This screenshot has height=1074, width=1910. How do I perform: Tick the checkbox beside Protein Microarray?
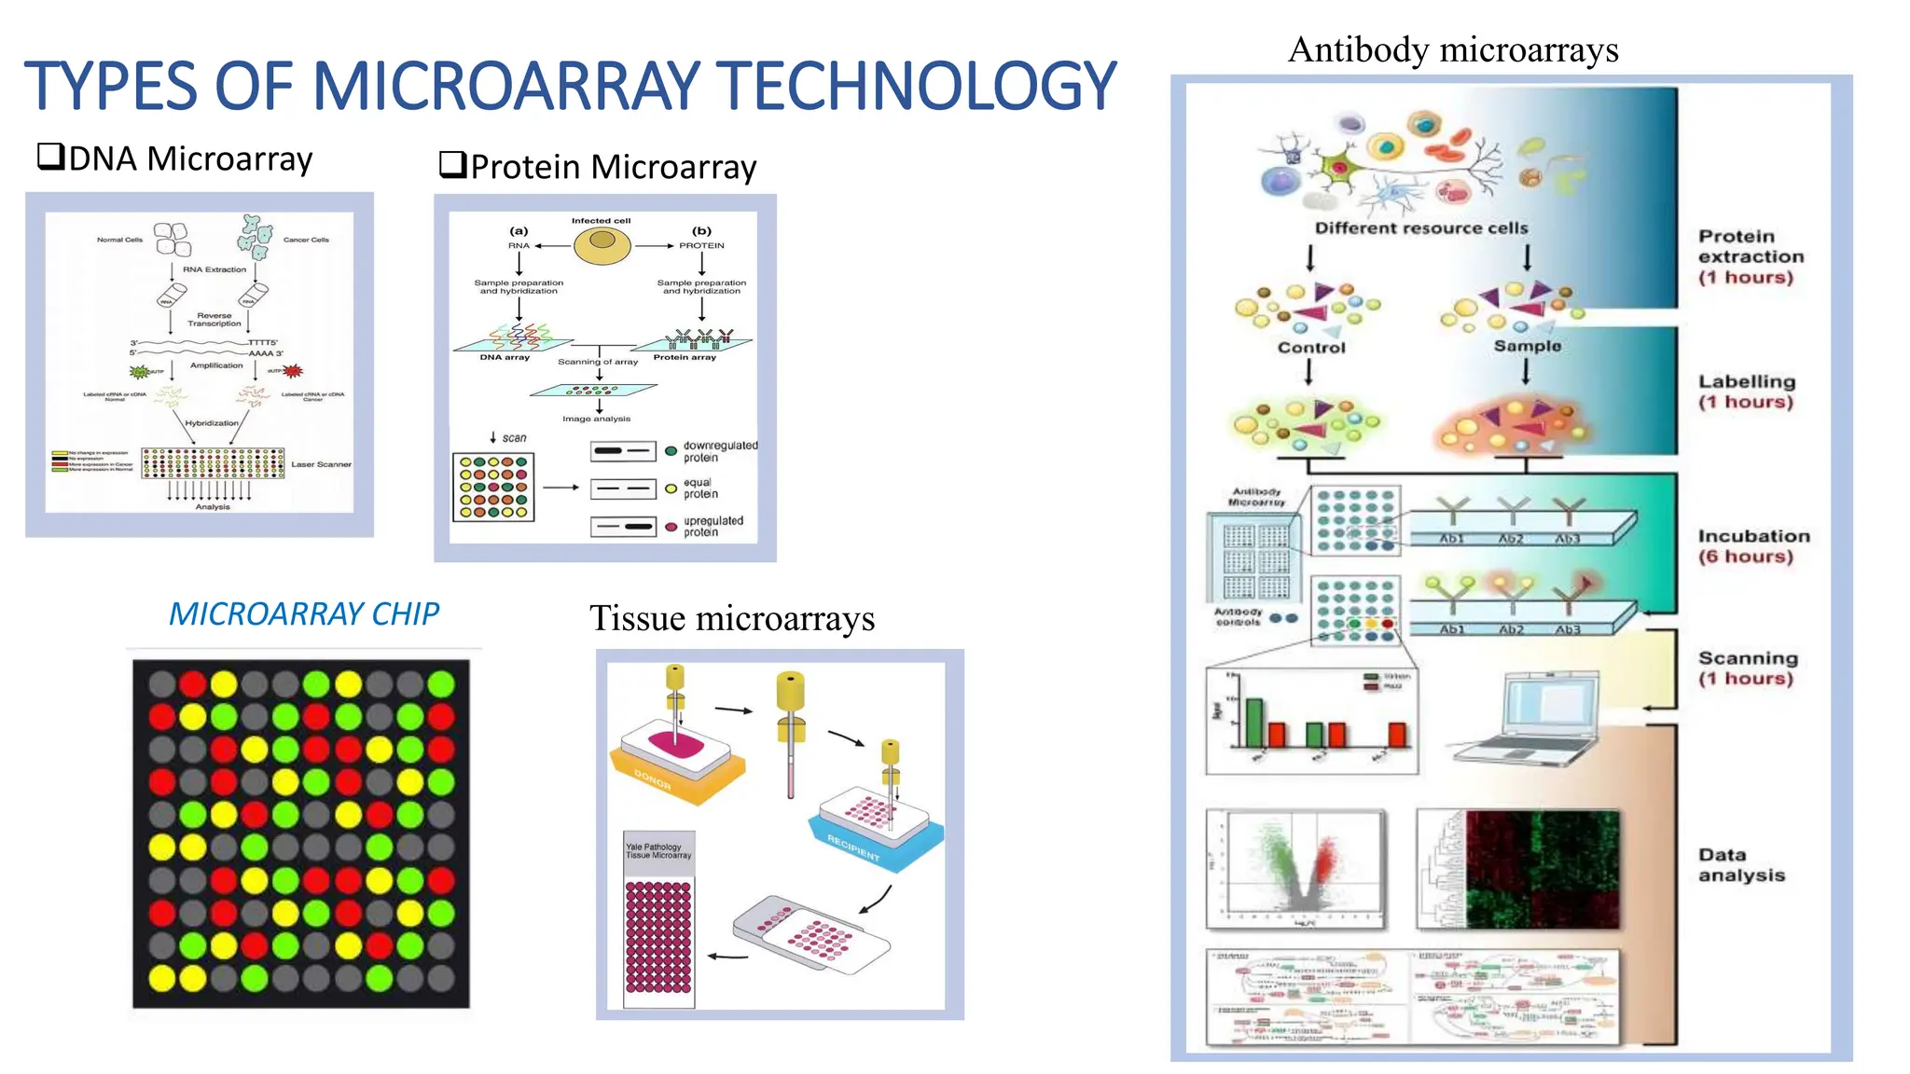[452, 165]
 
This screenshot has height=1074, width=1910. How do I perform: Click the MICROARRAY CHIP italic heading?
[303, 613]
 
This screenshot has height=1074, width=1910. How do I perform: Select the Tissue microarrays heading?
[732, 618]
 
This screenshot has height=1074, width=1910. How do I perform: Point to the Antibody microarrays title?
[1453, 49]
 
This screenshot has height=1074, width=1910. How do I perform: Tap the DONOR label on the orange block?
[653, 779]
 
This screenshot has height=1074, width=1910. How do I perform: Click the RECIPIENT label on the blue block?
[853, 847]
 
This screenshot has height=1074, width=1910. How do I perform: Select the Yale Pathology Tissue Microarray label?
[658, 850]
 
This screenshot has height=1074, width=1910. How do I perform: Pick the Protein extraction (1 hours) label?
[1750, 256]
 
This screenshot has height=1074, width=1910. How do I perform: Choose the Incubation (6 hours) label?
[1752, 546]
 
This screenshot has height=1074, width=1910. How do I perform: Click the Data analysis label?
[1740, 865]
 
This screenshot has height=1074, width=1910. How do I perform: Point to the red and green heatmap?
[1542, 869]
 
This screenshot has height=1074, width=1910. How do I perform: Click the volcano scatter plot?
[1296, 869]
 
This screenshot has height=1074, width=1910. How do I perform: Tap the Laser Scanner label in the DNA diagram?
[321, 464]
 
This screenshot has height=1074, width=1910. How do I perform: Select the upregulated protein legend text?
[713, 527]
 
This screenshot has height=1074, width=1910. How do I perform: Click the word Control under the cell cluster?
[1311, 348]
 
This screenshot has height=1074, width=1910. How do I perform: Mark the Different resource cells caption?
[1420, 228]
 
